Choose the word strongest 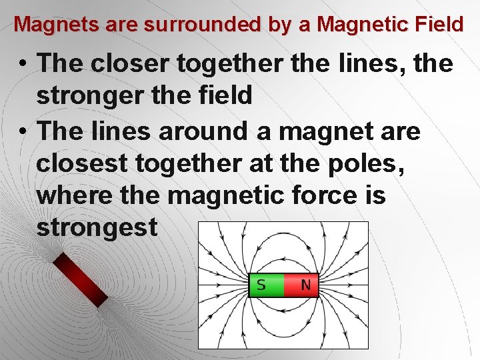pyautogui.click(x=97, y=229)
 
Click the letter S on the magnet pyautogui.click(x=261, y=285)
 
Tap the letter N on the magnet pyautogui.click(x=305, y=285)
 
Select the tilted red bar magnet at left pyautogui.click(x=80, y=279)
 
